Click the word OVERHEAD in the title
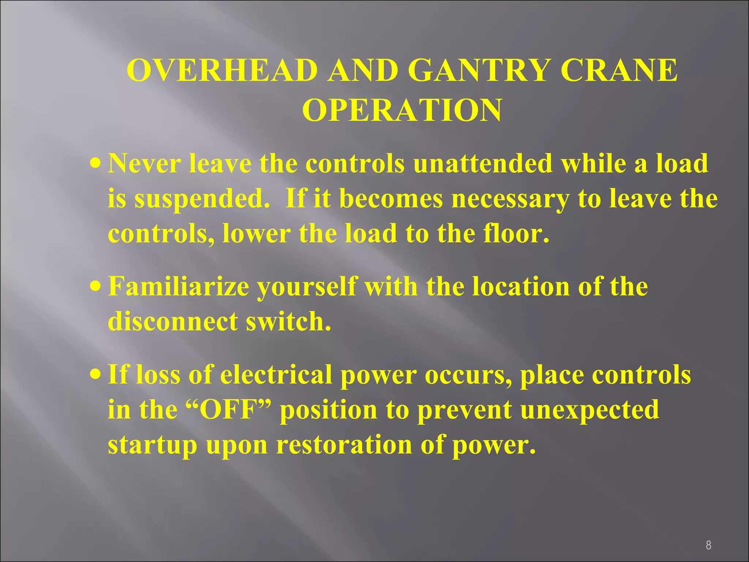[x=222, y=70]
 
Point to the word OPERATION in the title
[x=402, y=110]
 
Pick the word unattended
[x=483, y=163]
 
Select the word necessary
[x=510, y=200]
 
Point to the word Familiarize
[x=178, y=286]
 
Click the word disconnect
[x=172, y=321]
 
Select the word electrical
[x=276, y=375]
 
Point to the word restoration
[x=343, y=445]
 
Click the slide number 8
[x=708, y=546]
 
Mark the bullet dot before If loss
[x=95, y=374]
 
